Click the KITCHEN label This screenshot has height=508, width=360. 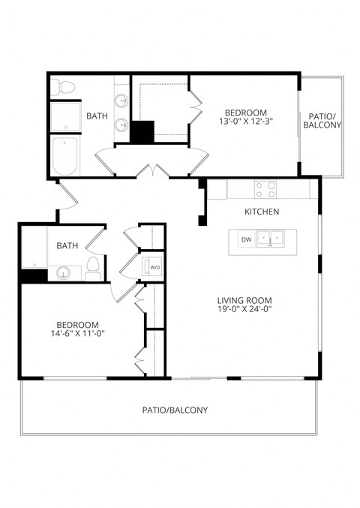pyautogui.click(x=262, y=212)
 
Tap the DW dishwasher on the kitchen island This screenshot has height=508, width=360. pyautogui.click(x=246, y=240)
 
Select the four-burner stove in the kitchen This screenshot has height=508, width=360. pyautogui.click(x=264, y=188)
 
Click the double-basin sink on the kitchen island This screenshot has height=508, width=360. pyautogui.click(x=271, y=239)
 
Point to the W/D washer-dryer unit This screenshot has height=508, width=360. pyautogui.click(x=154, y=267)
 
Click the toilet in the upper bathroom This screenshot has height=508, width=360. pyautogui.click(x=64, y=88)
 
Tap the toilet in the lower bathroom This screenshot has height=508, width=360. pyautogui.click(x=93, y=269)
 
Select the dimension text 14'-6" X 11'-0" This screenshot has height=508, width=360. pyautogui.click(x=77, y=333)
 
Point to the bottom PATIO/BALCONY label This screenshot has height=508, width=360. pyautogui.click(x=175, y=410)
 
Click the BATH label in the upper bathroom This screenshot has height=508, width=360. pyautogui.click(x=97, y=116)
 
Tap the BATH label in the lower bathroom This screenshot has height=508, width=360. pyautogui.click(x=67, y=245)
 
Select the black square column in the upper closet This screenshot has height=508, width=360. pyautogui.click(x=142, y=132)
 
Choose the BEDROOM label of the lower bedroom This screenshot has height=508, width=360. pyautogui.click(x=76, y=323)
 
